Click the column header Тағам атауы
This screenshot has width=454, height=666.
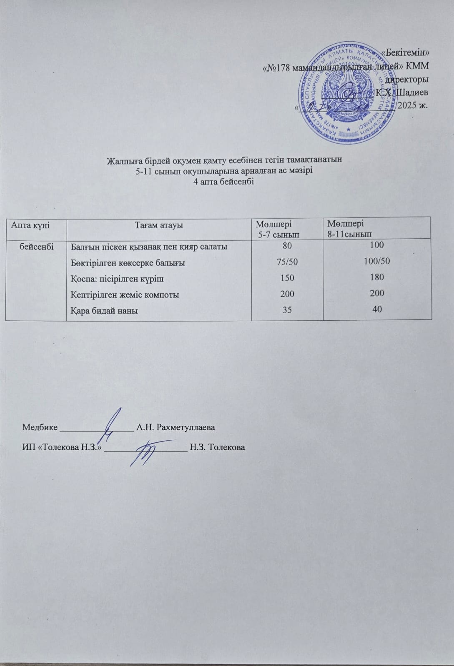[159, 225]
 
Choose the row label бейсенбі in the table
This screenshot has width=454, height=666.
[36, 246]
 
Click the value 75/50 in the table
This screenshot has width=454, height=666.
[288, 262]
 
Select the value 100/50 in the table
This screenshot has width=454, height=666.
[377, 261]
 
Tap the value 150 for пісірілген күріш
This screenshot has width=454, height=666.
[288, 278]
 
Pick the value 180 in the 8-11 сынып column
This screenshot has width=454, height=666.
[377, 277]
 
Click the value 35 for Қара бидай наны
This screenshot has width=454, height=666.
[288, 310]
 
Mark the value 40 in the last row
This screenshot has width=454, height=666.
[377, 309]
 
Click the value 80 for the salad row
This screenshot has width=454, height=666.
[288, 246]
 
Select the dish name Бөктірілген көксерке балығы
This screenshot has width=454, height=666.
[128, 263]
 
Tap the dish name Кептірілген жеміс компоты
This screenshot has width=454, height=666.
[125, 294]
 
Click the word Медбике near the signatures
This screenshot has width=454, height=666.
[40, 427]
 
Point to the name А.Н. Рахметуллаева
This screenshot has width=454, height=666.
[176, 427]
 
